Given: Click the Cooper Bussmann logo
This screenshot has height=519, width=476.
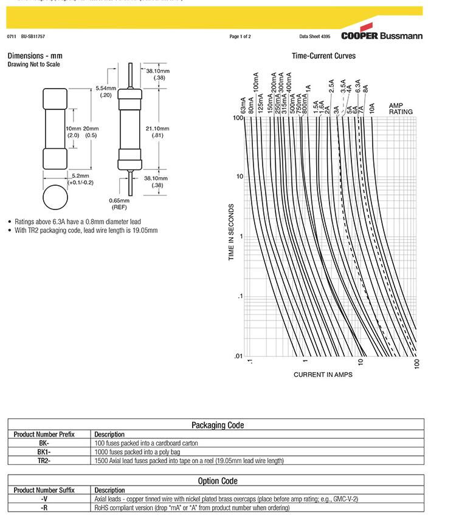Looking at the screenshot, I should (382, 35).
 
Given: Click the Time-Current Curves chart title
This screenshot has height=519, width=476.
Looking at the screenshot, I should (323, 56).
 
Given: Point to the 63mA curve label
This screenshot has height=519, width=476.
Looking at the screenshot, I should (243, 105).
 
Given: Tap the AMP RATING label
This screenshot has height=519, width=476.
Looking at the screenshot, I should (401, 109).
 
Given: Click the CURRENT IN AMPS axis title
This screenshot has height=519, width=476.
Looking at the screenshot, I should (323, 375).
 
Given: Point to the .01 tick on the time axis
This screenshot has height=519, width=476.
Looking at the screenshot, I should (238, 356).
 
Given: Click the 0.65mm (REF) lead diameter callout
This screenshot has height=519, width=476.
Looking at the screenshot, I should (120, 203).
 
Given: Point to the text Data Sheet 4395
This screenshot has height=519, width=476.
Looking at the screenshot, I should (315, 36).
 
